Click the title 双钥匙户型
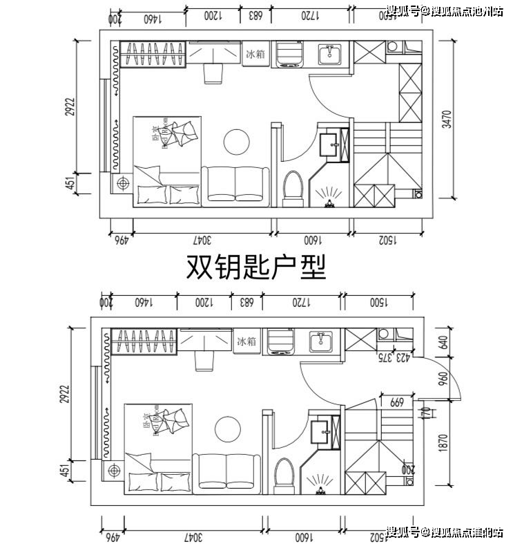256,267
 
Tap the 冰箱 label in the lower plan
246,341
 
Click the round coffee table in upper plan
235,142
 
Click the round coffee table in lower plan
226,429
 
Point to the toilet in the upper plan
293,187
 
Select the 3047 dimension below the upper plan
204,240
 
